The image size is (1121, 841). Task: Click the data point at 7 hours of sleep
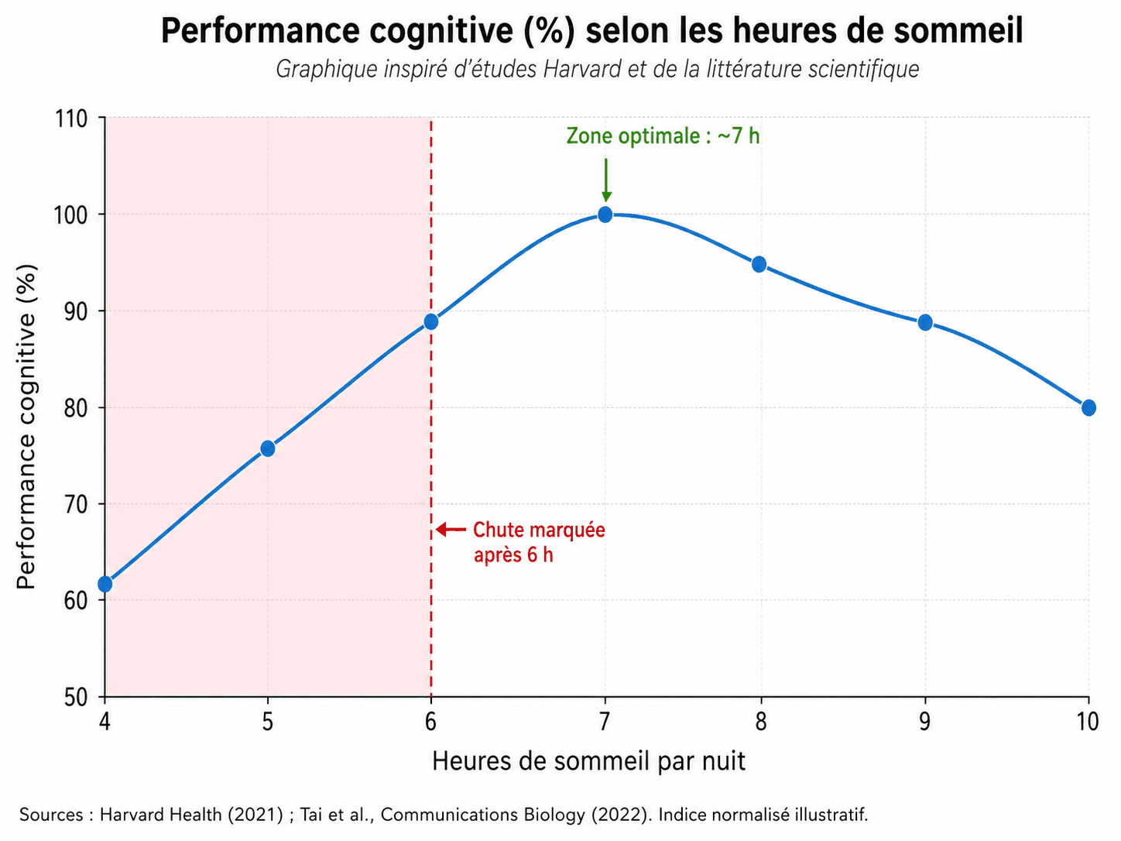[605, 215]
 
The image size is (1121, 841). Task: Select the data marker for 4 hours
[105, 584]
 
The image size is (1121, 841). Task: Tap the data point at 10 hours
[1088, 408]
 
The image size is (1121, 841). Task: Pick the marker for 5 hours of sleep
[268, 448]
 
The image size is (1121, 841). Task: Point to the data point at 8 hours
[759, 264]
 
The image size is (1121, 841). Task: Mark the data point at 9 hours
[925, 322]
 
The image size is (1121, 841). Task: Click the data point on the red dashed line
[431, 321]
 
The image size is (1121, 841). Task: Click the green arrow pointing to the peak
[606, 180]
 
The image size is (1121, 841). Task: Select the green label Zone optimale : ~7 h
[663, 136]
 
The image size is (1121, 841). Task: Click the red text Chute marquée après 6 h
[538, 542]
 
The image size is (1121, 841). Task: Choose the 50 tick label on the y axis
[75, 698]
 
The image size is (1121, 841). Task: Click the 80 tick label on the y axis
[75, 408]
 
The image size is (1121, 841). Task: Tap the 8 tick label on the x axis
[761, 722]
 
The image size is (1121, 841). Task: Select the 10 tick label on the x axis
[1087, 722]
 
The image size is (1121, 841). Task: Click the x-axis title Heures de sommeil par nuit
[588, 761]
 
